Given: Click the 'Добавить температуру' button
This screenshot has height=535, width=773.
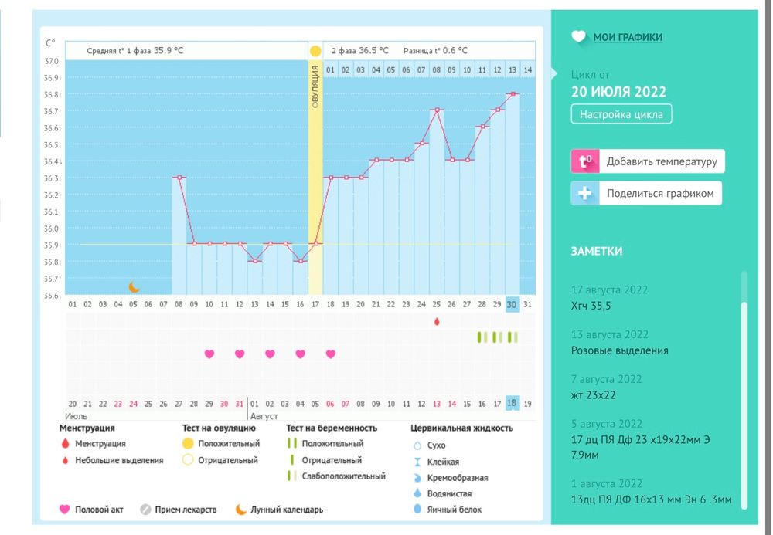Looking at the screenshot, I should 647,161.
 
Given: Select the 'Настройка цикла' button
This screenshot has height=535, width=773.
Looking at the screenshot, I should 621,114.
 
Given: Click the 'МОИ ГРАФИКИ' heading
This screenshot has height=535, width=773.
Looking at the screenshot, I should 628,37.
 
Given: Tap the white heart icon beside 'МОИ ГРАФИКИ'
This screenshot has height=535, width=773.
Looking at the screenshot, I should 579,37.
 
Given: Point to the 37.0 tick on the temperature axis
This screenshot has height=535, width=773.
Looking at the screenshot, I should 51,61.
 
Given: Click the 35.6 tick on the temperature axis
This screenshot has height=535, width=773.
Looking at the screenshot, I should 51,295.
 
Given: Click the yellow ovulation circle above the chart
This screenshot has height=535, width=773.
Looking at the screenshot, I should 315,51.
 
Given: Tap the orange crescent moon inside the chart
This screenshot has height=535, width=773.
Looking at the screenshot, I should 134,286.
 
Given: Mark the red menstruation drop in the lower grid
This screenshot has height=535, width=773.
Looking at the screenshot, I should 437,320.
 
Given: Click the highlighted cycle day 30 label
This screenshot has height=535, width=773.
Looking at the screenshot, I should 512,304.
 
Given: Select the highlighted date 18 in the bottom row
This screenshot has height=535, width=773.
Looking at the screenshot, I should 512,403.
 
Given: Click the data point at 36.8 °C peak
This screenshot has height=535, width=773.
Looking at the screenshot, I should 512,94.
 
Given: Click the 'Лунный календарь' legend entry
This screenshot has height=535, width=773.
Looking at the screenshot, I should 287,510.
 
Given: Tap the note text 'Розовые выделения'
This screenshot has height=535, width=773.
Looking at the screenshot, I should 619,350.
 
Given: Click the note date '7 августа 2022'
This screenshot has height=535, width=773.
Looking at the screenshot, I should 606,379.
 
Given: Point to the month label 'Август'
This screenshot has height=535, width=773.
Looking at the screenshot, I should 264,416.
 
